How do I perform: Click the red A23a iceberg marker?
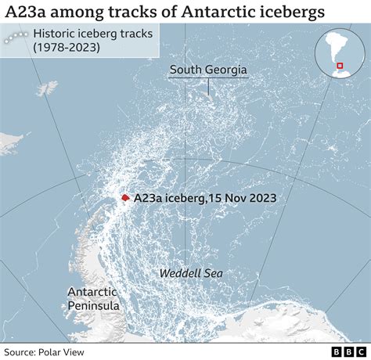click(124, 200)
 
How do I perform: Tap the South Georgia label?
click(209, 70)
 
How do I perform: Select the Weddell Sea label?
click(191, 273)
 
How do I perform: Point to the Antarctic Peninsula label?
click(93, 298)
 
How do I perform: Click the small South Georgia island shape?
click(209, 95)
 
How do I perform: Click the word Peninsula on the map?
click(93, 306)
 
